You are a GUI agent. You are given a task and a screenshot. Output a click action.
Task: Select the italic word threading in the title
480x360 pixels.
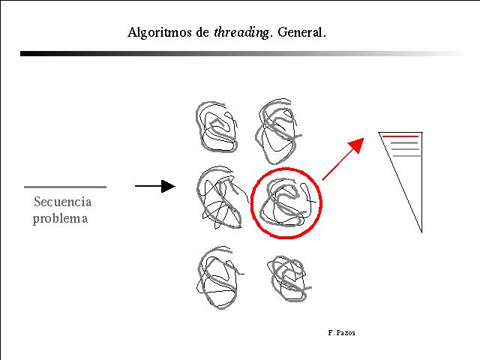(241, 32)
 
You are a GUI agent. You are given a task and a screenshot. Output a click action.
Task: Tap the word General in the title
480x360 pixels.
(299, 32)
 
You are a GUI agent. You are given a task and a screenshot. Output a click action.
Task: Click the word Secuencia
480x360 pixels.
(62, 202)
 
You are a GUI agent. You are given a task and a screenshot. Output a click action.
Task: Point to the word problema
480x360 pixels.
(60, 219)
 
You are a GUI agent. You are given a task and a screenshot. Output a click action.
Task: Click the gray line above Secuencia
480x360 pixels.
(65, 187)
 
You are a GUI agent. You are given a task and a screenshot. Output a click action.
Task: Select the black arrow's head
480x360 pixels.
(168, 186)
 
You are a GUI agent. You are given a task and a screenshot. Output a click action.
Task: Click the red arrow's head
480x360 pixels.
(357, 145)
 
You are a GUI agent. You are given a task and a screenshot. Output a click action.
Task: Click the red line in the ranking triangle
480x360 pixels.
(400, 136)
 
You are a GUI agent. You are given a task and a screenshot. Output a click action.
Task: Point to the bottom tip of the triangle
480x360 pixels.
(421, 232)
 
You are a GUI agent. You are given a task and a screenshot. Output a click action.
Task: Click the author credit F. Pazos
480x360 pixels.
(341, 333)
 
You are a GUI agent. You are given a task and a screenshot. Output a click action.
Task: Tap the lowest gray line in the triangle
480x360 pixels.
(406, 156)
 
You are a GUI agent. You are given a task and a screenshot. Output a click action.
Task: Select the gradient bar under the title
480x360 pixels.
(241, 53)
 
